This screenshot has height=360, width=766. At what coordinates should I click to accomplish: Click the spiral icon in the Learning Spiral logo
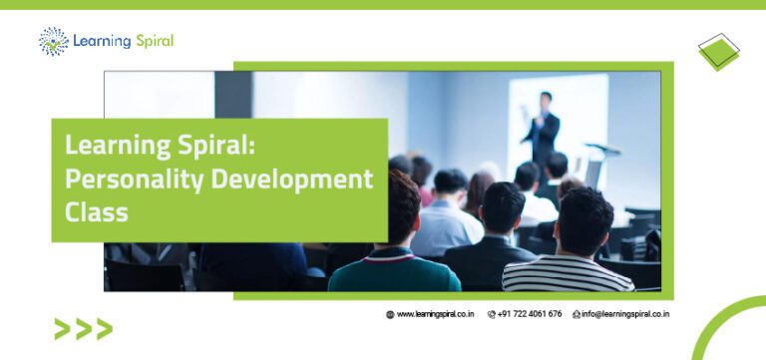[54, 42]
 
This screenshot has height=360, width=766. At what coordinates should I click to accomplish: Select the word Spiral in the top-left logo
[150, 42]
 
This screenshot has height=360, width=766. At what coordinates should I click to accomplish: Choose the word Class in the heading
[96, 211]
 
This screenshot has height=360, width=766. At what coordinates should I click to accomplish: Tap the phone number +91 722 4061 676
[529, 314]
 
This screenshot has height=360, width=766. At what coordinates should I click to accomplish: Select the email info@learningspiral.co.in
[625, 314]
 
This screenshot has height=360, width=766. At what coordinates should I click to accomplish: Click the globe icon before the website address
[391, 314]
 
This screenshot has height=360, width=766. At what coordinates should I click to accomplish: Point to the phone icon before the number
[492, 314]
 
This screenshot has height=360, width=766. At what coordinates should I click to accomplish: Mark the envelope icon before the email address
[576, 314]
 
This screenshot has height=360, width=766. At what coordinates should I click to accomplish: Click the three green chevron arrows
[83, 328]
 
